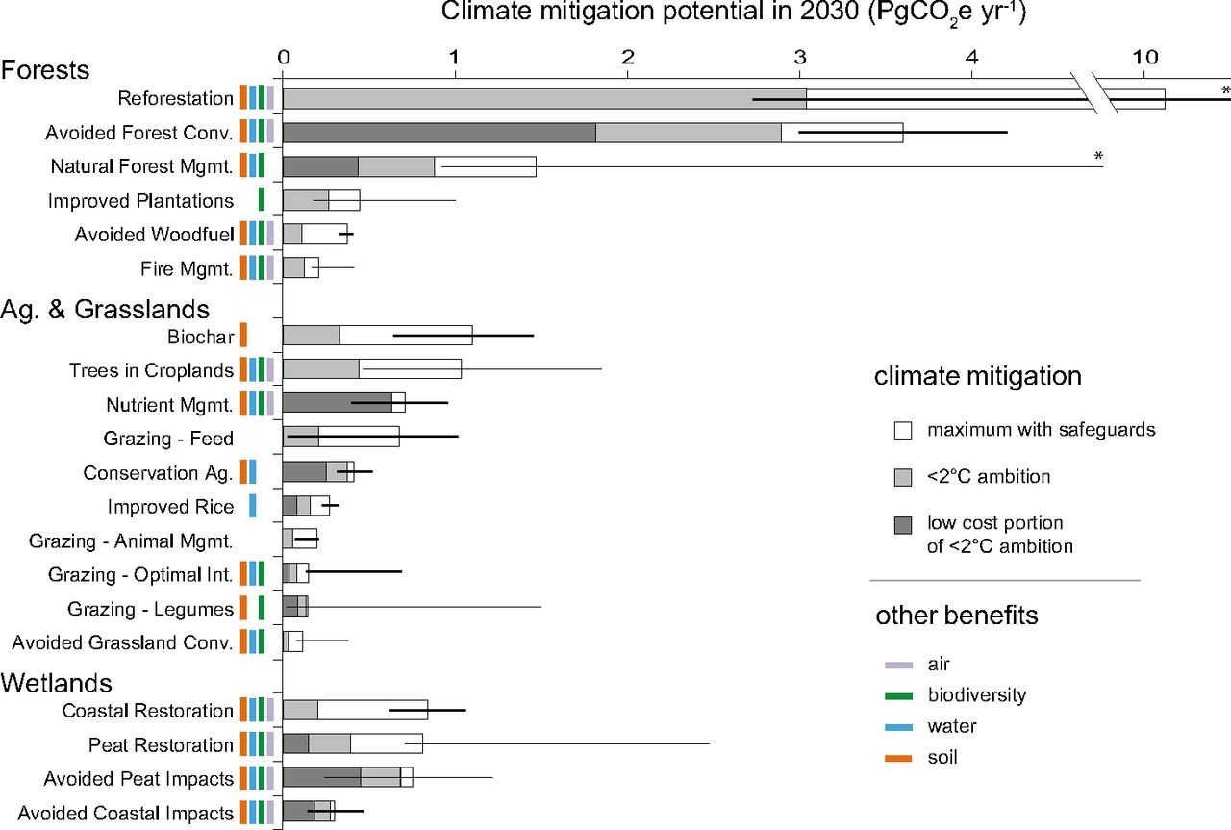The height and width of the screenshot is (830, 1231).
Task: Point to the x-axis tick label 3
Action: coord(799,58)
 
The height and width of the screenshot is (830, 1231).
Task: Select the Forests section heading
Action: coord(45,70)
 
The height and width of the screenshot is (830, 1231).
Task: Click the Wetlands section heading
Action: coord(57,683)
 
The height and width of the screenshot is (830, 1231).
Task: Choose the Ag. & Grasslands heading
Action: coord(105,310)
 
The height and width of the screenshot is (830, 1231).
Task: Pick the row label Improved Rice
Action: coord(170,507)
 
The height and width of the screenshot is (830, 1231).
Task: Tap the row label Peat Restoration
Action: coord(161,745)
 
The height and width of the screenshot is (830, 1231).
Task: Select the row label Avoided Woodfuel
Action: coord(154,235)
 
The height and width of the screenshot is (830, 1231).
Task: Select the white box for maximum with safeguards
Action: coord(902,431)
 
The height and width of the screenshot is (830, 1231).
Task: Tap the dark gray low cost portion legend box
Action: coord(902,525)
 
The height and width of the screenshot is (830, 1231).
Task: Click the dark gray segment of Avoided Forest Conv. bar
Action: coord(439,133)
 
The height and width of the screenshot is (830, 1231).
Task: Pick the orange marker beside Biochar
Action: coord(243,335)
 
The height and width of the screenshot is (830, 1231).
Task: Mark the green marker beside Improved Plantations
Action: coord(262,200)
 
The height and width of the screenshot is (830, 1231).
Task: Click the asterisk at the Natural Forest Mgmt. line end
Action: coord(1097,157)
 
